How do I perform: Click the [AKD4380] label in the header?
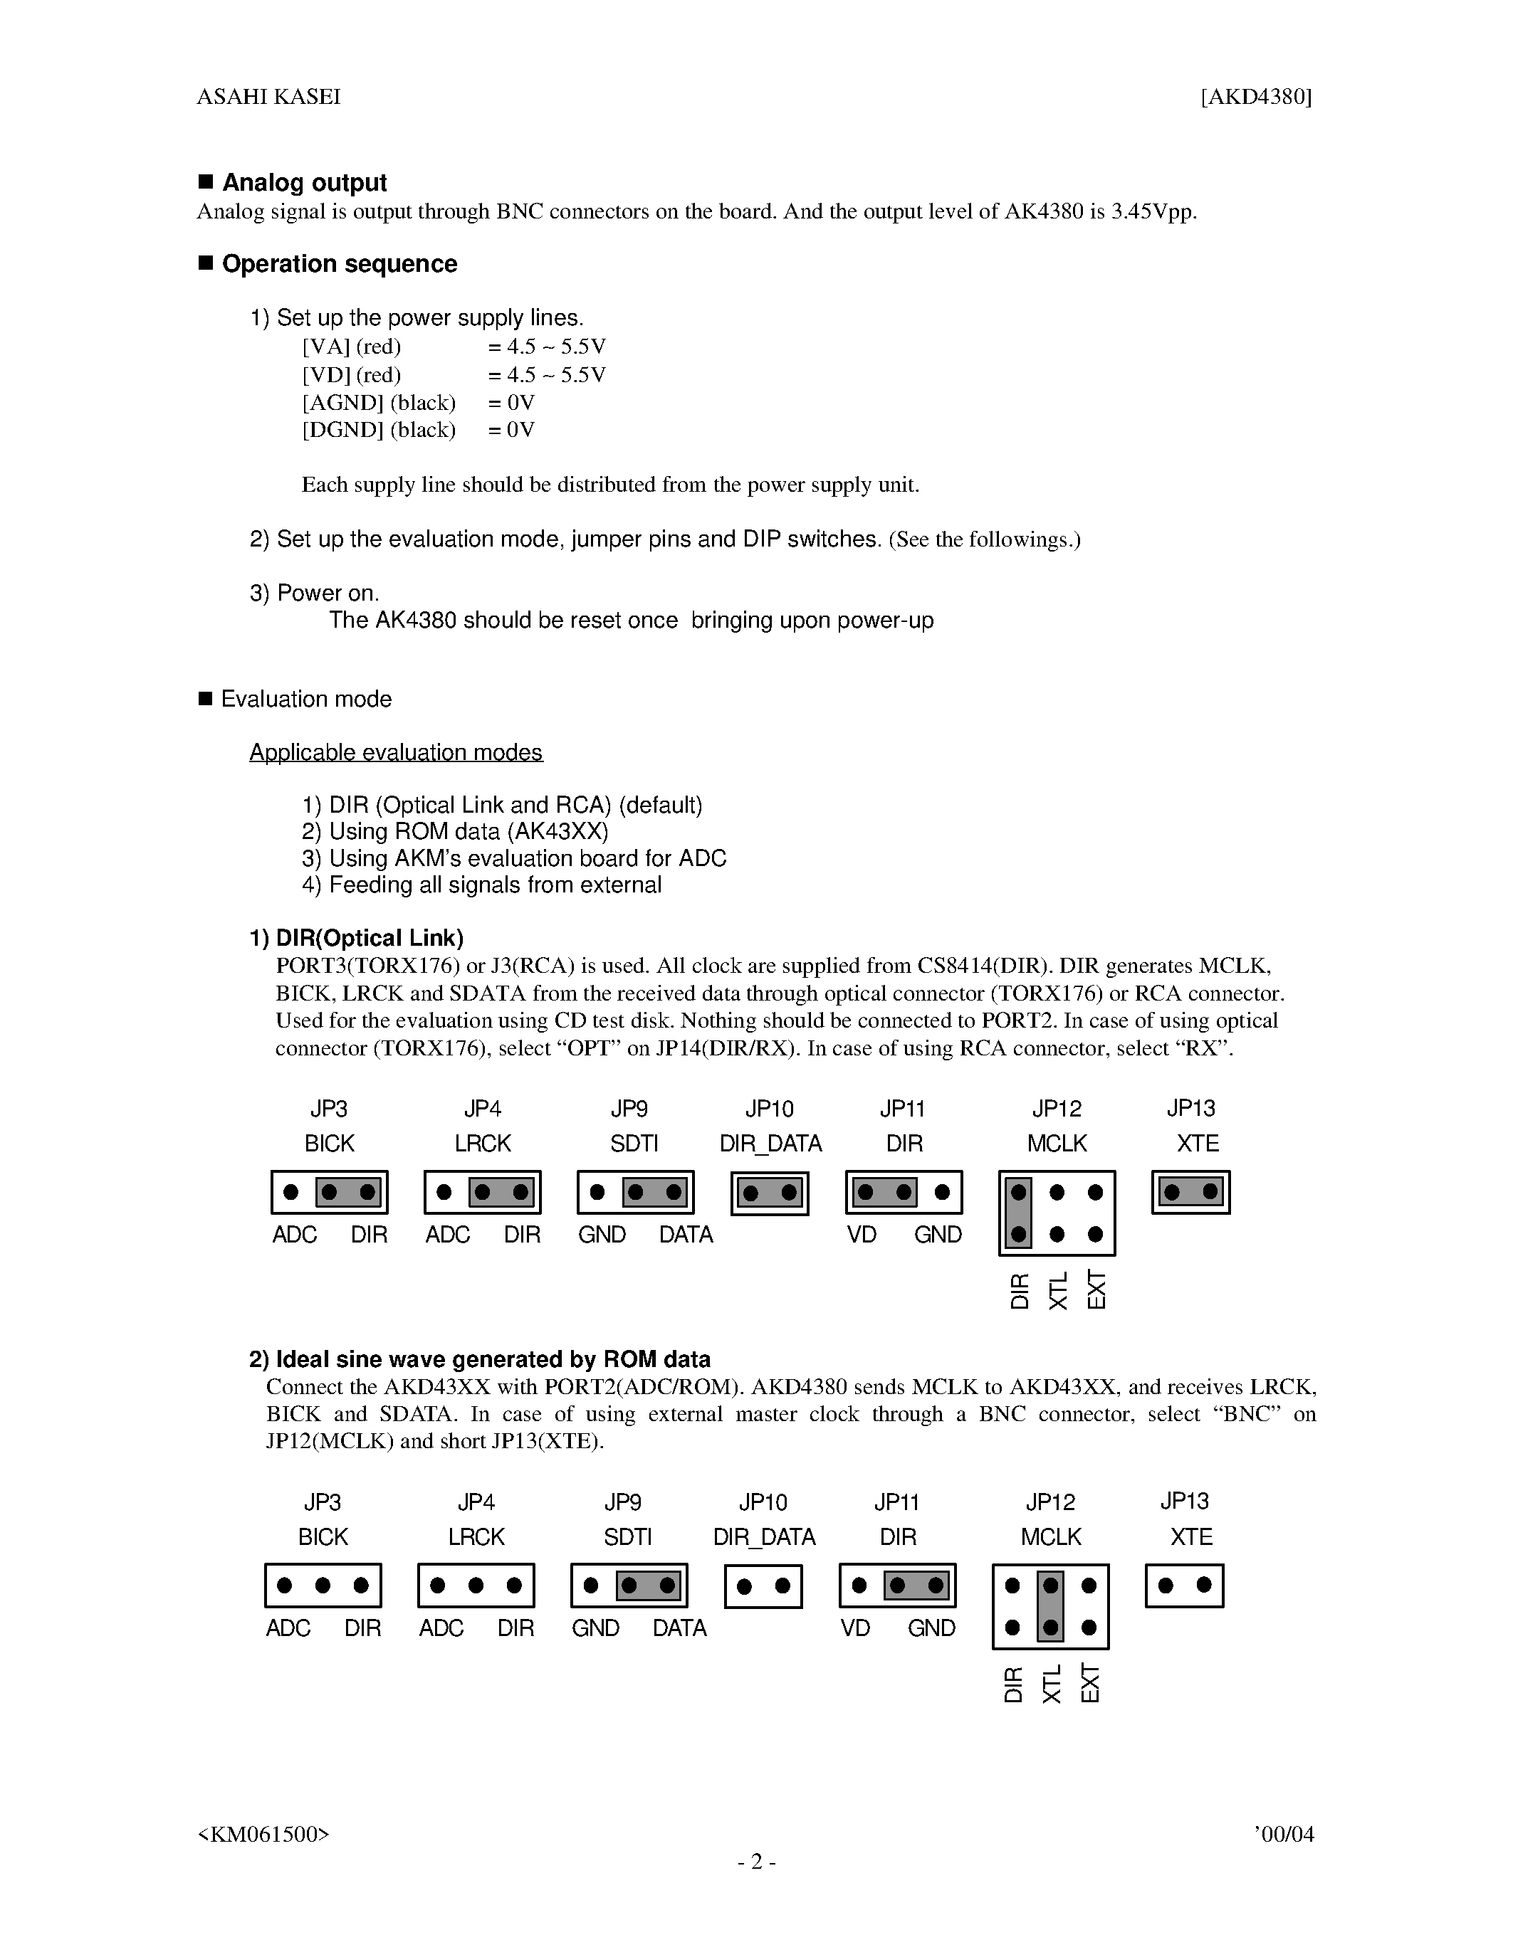pyautogui.click(x=1256, y=97)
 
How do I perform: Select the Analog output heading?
pyautogui.click(x=304, y=183)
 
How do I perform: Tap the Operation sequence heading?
pyautogui.click(x=339, y=264)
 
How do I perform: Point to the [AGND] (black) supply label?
pyautogui.click(x=378, y=402)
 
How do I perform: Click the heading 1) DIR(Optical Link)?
pyautogui.click(x=357, y=938)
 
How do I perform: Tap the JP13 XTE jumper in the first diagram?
pyautogui.click(x=1190, y=1192)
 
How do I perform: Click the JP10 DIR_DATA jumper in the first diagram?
pyautogui.click(x=769, y=1193)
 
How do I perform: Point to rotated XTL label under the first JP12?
pyautogui.click(x=1057, y=1290)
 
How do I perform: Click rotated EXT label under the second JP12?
pyautogui.click(x=1089, y=1684)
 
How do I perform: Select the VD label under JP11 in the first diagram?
pyautogui.click(x=862, y=1235)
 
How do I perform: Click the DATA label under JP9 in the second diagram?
pyautogui.click(x=679, y=1628)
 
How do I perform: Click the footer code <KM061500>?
pyautogui.click(x=263, y=1834)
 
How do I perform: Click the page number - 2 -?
pyautogui.click(x=756, y=1862)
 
